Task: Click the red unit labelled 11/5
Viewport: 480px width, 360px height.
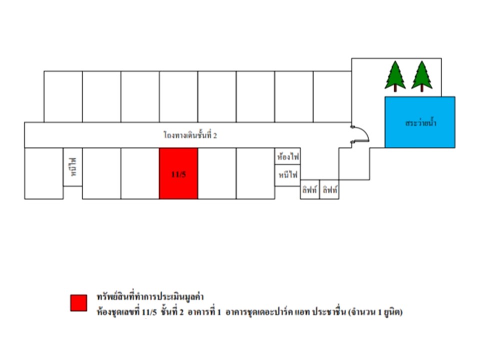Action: tap(178, 173)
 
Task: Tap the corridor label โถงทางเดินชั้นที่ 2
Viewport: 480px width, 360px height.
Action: tap(190, 135)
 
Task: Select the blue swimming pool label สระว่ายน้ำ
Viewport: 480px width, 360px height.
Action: tap(420, 123)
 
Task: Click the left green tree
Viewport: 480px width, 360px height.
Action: tap(395, 76)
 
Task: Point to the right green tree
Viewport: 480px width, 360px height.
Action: tap(422, 76)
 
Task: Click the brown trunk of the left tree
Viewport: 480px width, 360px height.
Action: tap(395, 88)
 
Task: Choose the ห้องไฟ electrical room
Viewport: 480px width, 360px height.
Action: tap(288, 156)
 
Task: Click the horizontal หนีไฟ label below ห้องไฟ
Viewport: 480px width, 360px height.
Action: tap(288, 174)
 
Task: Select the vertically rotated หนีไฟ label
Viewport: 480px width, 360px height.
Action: tap(73, 167)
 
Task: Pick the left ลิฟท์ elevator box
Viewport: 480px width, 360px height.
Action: tap(310, 189)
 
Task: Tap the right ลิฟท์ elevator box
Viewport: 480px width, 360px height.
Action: tap(329, 189)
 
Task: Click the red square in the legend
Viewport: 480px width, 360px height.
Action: tap(78, 303)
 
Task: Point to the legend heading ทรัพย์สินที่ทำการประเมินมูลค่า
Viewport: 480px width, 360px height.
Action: tap(150, 296)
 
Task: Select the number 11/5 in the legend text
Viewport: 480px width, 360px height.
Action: tap(149, 312)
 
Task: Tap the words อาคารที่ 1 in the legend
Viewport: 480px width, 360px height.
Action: tap(204, 312)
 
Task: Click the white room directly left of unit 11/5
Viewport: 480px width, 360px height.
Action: tap(140, 173)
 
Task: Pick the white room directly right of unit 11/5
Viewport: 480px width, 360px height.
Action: tap(217, 173)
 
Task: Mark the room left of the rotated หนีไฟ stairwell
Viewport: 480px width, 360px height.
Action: tap(44, 173)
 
